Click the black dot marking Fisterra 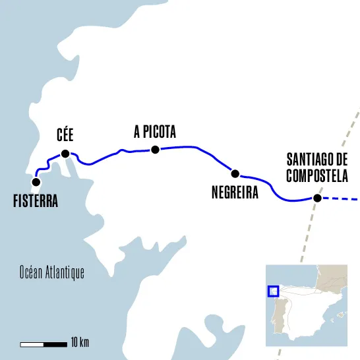point(36,181)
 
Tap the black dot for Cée point(65,154)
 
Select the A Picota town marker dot point(155,150)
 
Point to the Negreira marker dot point(234,173)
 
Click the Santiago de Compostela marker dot point(317,198)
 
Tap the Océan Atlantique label point(52,273)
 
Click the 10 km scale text point(79,342)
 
